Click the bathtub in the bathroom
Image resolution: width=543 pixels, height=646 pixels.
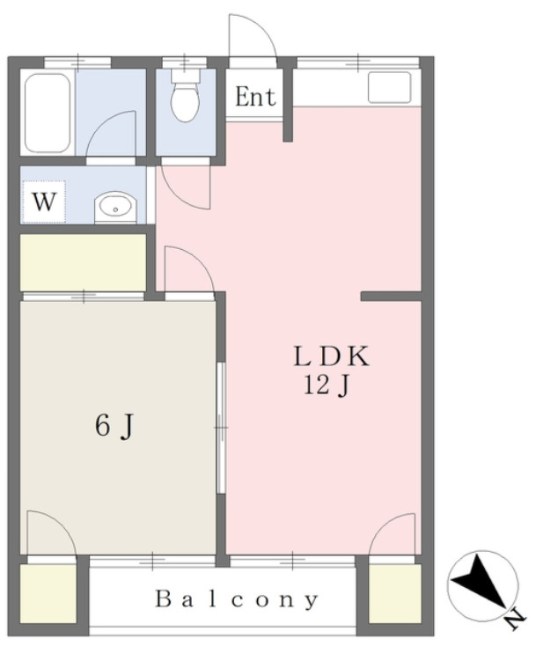(x=47, y=113)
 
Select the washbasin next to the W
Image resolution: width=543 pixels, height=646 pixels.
(x=115, y=207)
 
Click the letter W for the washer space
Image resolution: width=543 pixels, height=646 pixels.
(x=44, y=202)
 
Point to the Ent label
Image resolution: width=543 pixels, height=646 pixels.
(x=255, y=97)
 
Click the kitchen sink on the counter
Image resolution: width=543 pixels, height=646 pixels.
(x=389, y=87)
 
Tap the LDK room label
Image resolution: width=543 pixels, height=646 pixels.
(x=331, y=356)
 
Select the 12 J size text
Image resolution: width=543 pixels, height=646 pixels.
(x=327, y=386)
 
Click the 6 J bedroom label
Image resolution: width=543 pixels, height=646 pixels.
(x=114, y=426)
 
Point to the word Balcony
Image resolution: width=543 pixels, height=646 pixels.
(x=237, y=599)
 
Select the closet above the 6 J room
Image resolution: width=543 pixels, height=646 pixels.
(x=84, y=262)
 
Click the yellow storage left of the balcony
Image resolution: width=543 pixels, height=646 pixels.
(x=48, y=593)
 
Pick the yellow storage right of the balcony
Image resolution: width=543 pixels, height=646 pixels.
(x=394, y=593)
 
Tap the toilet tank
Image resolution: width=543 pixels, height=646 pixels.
(x=185, y=76)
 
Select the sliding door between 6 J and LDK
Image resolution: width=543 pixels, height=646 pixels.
(x=221, y=427)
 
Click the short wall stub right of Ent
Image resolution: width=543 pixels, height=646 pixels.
(x=288, y=105)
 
